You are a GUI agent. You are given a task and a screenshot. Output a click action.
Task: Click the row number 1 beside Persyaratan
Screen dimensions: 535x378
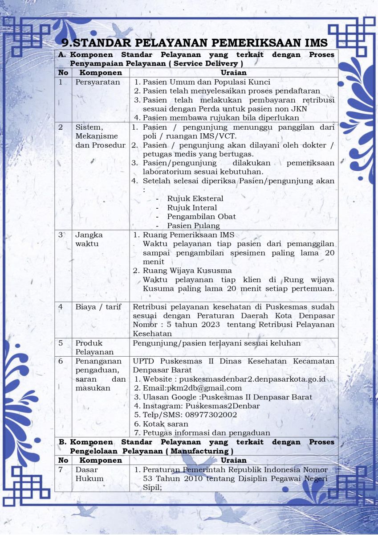(x=61, y=82)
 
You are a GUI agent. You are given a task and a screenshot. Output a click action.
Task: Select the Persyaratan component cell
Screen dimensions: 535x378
(x=92, y=82)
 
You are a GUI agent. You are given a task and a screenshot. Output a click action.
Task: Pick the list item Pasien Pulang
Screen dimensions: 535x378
(x=193, y=226)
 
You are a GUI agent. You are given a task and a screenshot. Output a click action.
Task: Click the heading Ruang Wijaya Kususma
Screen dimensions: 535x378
(x=187, y=271)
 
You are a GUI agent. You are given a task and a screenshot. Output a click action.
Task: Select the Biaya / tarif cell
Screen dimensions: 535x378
(x=98, y=307)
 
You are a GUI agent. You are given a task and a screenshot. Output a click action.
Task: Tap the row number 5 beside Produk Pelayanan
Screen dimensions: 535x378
(x=61, y=343)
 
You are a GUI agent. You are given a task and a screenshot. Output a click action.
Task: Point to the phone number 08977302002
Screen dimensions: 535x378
(x=211, y=415)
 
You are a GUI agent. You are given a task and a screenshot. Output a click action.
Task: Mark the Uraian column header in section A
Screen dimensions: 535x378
(x=234, y=72)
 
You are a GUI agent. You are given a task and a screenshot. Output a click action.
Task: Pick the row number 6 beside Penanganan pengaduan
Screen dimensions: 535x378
(x=61, y=361)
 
